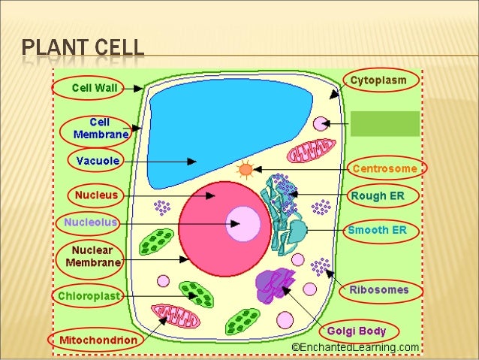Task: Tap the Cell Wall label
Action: coord(93,87)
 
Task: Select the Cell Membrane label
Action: coord(100,128)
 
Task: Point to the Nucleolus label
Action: coord(90,222)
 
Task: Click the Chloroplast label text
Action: coord(89,296)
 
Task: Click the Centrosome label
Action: coord(384,168)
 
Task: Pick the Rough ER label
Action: coord(378,195)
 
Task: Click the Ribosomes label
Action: coord(378,289)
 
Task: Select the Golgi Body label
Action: coord(356,330)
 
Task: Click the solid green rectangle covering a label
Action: coord(385,124)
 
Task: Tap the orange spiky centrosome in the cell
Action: coord(246,170)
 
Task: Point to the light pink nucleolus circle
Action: coord(243,223)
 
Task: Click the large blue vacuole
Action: coord(203,135)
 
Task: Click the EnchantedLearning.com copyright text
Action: coord(355,347)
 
